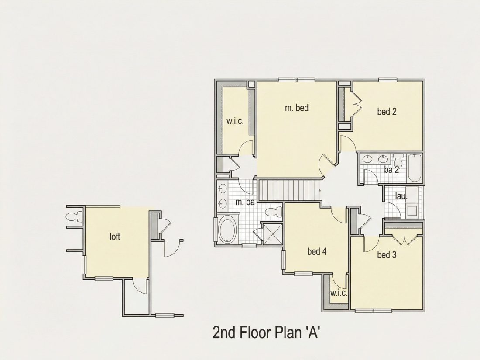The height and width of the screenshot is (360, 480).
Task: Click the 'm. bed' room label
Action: [x=297, y=108]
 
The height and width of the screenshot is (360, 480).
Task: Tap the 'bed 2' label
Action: [x=387, y=112]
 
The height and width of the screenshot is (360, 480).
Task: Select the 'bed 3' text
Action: [x=387, y=255]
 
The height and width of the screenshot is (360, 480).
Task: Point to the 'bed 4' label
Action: [x=317, y=252]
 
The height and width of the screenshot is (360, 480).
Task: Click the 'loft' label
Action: [x=115, y=237]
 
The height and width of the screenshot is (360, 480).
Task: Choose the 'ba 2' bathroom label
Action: [x=391, y=170]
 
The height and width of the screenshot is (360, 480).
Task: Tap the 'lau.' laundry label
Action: [x=401, y=196]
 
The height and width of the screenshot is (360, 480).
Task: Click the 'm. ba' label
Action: [x=245, y=202]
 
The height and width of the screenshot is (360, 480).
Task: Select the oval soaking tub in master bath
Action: [x=227, y=230]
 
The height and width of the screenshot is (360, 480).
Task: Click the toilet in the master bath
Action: [x=273, y=212]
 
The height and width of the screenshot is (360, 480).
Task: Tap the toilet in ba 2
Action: [x=399, y=160]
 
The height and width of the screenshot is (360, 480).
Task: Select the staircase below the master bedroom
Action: [x=289, y=190]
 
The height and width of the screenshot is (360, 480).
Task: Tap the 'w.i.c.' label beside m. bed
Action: [x=235, y=121]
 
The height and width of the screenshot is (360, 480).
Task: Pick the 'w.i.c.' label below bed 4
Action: [x=339, y=293]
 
